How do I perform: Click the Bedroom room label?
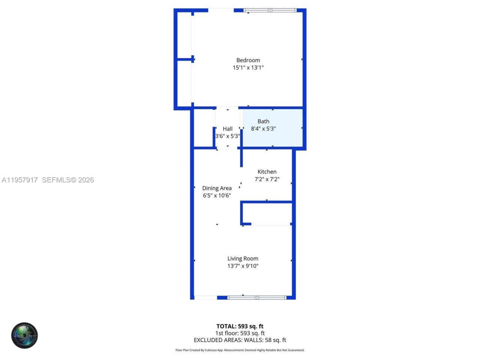[x=248, y=60]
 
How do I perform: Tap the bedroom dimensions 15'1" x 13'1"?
[x=248, y=67]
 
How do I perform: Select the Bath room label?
[x=263, y=121]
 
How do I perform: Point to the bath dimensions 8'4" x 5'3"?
[x=263, y=129]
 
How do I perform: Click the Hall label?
[x=228, y=129]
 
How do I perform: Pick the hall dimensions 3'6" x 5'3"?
[x=228, y=136]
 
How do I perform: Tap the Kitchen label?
[x=267, y=172]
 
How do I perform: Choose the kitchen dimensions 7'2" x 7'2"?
[x=267, y=179]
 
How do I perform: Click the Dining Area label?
[x=217, y=188]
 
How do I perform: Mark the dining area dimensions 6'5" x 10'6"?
[x=217, y=195]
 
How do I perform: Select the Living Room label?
[x=243, y=258]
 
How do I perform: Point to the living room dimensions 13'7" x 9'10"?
[x=243, y=266]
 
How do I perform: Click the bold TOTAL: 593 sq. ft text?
[x=240, y=326]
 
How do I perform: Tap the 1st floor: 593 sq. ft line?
[x=240, y=333]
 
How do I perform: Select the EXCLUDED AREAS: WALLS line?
[x=240, y=340]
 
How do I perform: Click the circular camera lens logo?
[x=24, y=335]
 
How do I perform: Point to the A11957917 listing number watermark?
[x=19, y=180]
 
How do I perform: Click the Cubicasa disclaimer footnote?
[x=240, y=350]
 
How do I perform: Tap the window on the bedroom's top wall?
[x=270, y=10]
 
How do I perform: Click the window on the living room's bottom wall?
[x=257, y=298]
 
